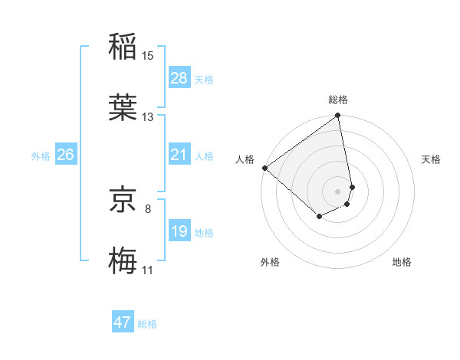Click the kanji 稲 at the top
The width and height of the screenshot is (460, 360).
tap(123, 45)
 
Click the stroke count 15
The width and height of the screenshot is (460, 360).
tap(147, 55)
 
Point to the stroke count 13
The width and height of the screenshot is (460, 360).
tap(147, 117)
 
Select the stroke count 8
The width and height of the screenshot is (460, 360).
tap(147, 208)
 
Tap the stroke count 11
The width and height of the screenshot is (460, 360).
tap(147, 270)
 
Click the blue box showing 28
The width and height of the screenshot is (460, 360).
tap(179, 78)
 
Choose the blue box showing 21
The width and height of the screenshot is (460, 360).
tap(179, 155)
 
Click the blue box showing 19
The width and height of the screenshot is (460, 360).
tap(179, 231)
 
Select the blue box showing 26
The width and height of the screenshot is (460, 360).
tap(65, 155)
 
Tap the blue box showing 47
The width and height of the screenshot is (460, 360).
tap(123, 322)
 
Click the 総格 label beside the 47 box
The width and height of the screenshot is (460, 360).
tap(147, 324)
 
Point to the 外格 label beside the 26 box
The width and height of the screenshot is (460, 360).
tap(41, 156)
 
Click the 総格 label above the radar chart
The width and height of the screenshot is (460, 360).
tap(338, 100)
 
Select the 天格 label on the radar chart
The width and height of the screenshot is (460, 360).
tap(431, 159)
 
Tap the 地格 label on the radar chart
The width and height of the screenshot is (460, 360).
tap(402, 262)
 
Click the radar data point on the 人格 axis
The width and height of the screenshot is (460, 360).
tap(264, 168)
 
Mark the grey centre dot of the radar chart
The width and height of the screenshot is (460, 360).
tap(338, 191)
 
